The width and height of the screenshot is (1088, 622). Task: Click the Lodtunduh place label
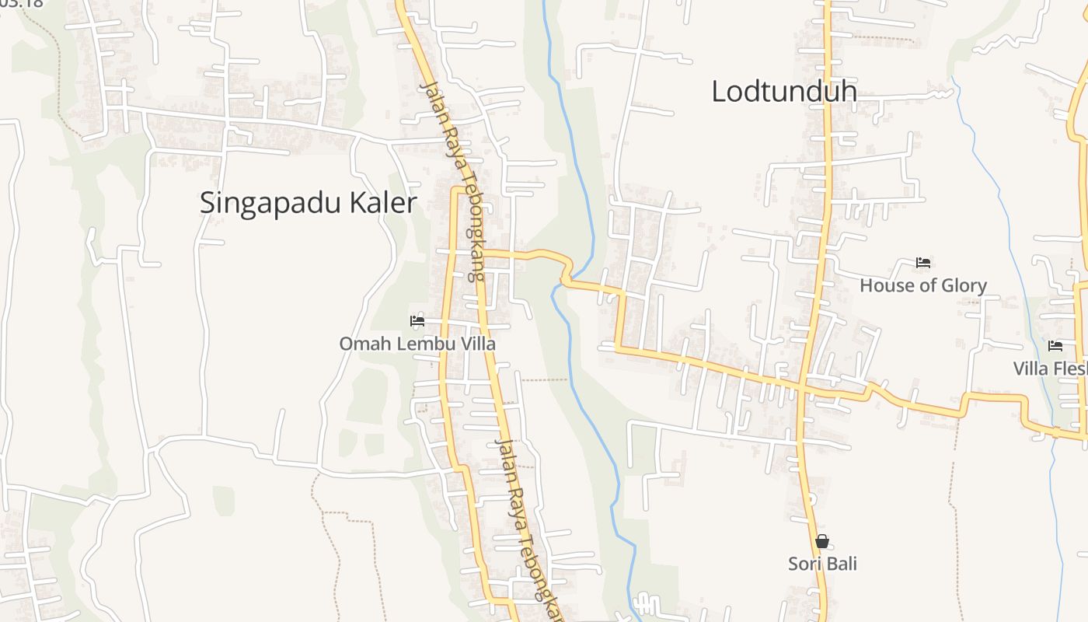[x=784, y=92]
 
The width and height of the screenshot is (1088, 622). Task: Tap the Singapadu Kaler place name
[x=308, y=204]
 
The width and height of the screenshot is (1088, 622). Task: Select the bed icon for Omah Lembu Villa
[x=417, y=320]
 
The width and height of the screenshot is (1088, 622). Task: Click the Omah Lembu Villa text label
[x=417, y=344]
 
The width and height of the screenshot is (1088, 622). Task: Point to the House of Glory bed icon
[x=923, y=263]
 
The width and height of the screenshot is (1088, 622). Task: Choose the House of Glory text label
[x=922, y=286]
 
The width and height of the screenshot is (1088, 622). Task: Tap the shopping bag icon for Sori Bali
[x=822, y=541]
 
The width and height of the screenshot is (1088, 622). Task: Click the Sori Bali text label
[x=822, y=564]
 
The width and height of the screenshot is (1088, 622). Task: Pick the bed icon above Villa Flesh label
[x=1055, y=346]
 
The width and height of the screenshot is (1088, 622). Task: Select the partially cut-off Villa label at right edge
[x=1050, y=369]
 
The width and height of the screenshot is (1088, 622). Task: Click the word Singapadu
[x=271, y=204]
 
